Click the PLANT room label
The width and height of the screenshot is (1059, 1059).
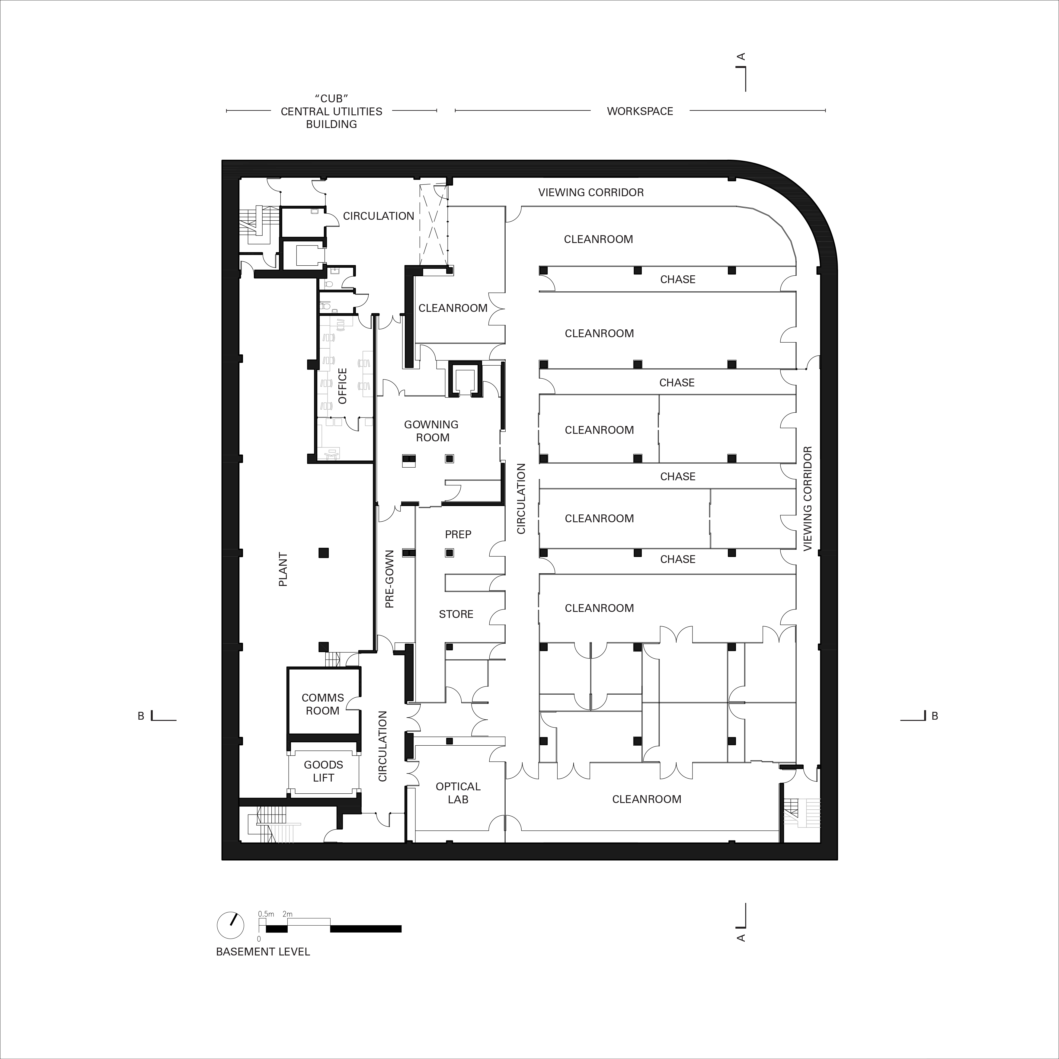(x=283, y=570)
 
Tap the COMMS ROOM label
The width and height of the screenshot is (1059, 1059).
(x=322, y=704)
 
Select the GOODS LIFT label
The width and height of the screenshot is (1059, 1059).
(x=323, y=771)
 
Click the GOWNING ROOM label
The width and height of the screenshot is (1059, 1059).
(x=431, y=431)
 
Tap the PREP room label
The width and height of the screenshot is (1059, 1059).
(x=458, y=534)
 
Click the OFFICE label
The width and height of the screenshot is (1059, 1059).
(x=343, y=386)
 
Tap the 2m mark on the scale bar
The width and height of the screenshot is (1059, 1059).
(x=287, y=914)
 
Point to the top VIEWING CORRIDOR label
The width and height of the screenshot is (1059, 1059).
(x=590, y=192)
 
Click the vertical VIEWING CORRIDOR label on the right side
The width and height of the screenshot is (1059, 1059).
(x=808, y=498)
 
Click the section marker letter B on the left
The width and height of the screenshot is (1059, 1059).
(x=141, y=716)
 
